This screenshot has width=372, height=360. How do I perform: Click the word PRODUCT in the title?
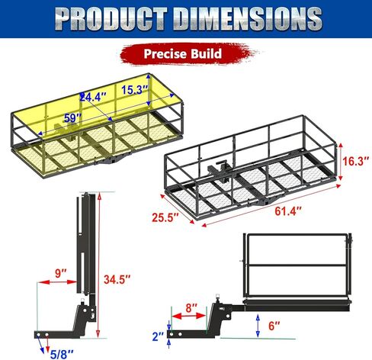(112, 18)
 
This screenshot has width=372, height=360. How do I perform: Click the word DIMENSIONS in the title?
(249, 18)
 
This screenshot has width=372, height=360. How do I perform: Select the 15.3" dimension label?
(134, 90)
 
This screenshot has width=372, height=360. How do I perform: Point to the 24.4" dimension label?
(93, 97)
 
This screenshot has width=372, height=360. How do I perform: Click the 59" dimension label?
(72, 118)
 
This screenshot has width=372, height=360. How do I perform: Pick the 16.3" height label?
(355, 161)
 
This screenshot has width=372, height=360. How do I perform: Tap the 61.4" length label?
(288, 211)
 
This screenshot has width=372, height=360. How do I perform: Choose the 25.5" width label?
(165, 217)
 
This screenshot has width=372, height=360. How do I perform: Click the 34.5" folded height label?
(117, 280)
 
